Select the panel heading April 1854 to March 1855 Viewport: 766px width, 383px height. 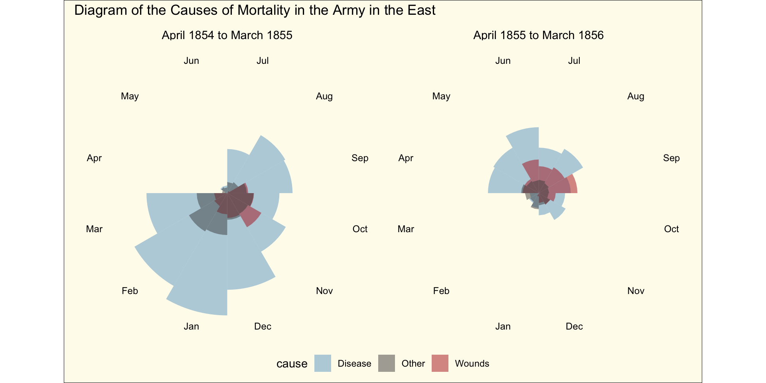tap(227, 36)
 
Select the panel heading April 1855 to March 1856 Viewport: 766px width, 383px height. tap(538, 36)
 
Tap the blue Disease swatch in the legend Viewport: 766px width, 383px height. tap(322, 363)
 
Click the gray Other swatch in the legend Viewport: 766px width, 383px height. tap(386, 363)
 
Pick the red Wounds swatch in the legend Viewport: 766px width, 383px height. tap(440, 363)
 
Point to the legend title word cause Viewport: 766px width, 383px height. tap(292, 364)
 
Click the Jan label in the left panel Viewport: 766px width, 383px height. tap(191, 326)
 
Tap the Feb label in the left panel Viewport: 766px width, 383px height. tap(130, 291)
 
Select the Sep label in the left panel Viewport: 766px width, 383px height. tap(360, 158)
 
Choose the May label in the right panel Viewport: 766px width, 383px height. tap(441, 96)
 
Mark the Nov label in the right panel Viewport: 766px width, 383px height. tap(636, 291)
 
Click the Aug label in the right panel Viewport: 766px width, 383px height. tap(636, 96)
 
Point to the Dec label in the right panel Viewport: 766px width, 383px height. tap(574, 326)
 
